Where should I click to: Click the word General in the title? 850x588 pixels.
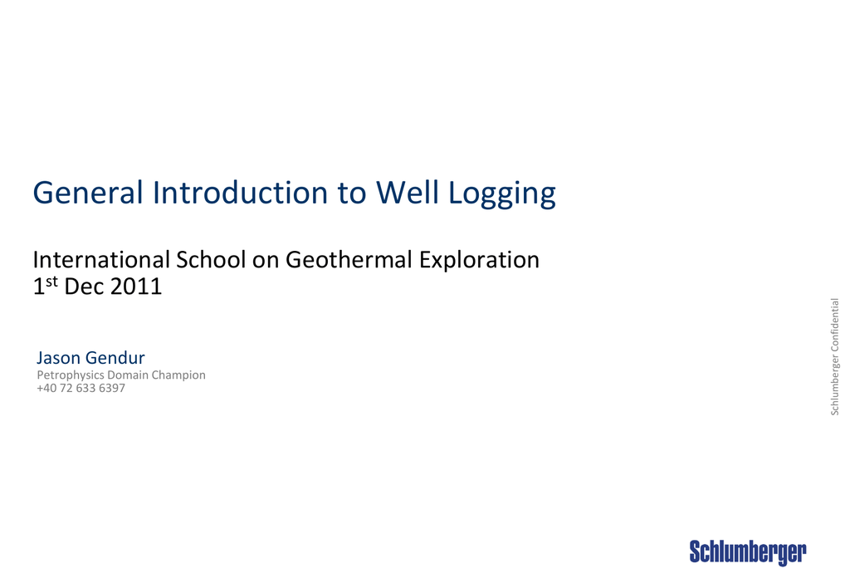point(88,192)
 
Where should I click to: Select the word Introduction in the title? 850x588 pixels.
point(240,192)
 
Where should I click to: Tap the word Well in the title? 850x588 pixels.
point(407,192)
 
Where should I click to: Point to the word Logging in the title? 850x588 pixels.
point(502,194)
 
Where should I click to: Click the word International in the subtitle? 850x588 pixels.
point(101,259)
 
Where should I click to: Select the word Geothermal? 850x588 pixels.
point(349,259)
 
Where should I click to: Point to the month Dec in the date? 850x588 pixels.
point(84,287)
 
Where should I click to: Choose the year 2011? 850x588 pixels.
point(136,287)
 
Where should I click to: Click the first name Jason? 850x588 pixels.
point(58,358)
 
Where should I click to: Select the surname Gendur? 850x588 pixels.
point(115,358)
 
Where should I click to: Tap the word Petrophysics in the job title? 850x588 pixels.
point(71,375)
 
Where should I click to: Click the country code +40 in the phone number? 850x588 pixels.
point(46,389)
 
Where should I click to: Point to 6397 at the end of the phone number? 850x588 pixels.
point(112,389)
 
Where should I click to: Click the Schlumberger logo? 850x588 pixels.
point(748,553)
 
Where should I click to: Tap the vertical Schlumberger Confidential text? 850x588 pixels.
point(835,356)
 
